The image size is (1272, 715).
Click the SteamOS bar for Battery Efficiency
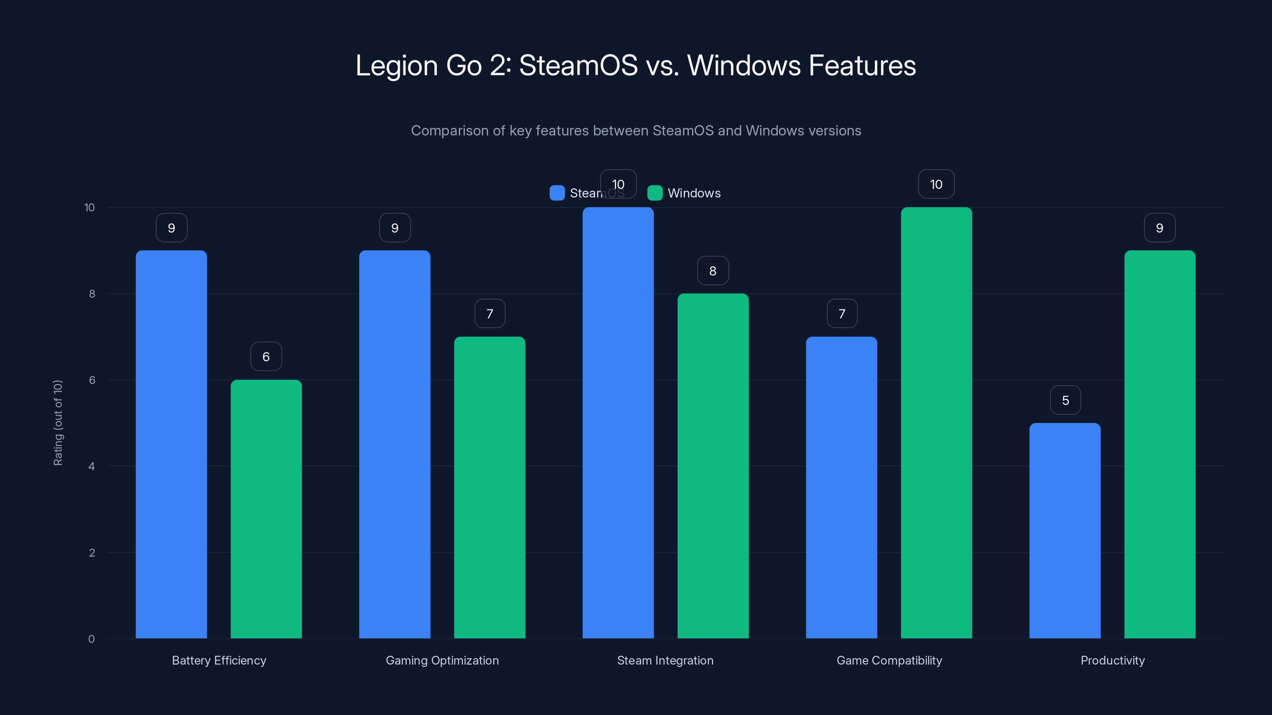[171, 444]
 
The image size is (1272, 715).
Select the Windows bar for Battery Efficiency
[266, 508]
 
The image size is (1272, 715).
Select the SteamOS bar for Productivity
[1065, 530]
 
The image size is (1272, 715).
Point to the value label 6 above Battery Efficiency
[266, 356]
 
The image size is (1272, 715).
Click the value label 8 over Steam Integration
[713, 271]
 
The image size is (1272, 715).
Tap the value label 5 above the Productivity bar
[1065, 400]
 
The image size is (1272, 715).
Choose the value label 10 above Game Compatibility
[936, 184]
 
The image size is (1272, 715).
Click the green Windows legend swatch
[655, 193]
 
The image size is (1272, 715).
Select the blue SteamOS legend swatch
[557, 193]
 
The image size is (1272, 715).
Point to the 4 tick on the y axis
[91, 466]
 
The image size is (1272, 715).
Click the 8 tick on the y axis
[92, 294]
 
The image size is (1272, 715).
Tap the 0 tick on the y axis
[91, 639]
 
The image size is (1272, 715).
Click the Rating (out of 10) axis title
[58, 422]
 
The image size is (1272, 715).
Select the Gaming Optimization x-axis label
[442, 660]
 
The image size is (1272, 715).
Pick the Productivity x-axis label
[1113, 660]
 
